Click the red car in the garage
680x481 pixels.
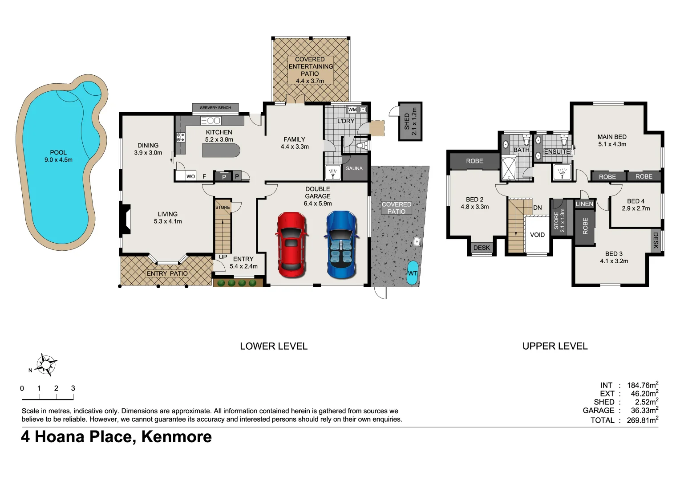coord(291,245)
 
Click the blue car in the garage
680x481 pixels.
coord(341,245)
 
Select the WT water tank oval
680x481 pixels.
coord(413,273)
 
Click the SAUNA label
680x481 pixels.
coord(354,168)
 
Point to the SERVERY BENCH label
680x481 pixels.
coord(215,108)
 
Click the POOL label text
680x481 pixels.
coord(58,152)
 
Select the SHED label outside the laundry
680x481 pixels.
coord(407,122)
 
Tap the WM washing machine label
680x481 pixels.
coord(352,110)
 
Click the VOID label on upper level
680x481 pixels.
coord(537,235)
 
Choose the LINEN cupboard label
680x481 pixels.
coord(584,204)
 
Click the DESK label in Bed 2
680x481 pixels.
coord(482,248)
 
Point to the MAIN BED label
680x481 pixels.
coord(612,137)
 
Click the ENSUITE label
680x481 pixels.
coord(557,151)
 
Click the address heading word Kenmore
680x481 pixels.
coord(176,437)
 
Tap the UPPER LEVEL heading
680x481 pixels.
coord(555,346)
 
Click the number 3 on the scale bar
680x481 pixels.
coord(73,388)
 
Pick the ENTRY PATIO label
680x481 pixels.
coord(167,273)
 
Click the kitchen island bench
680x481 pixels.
coord(221,151)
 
